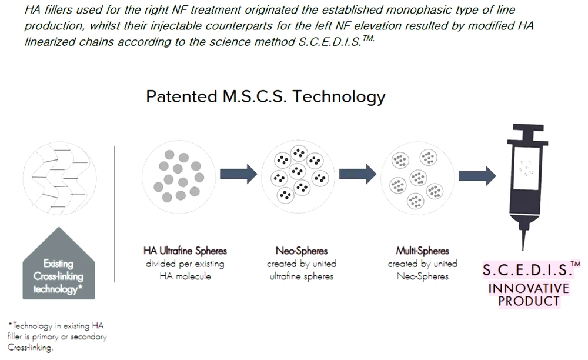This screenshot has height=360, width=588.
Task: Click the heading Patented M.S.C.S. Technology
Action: (266, 96)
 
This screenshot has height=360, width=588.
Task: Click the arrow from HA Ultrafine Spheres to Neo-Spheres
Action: (239, 174)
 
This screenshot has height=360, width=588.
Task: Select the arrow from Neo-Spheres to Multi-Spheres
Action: (358, 174)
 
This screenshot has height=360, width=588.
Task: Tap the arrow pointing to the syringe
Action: (477, 175)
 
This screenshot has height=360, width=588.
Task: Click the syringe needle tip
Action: (523, 249)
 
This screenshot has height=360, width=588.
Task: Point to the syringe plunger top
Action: (528, 128)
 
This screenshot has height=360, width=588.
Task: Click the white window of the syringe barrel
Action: (526, 168)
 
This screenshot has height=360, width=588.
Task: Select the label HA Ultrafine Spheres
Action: (185, 251)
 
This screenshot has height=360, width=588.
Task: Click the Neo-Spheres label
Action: (302, 251)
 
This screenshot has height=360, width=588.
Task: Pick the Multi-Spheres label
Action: (422, 251)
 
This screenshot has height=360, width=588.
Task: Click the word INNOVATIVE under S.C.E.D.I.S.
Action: (529, 288)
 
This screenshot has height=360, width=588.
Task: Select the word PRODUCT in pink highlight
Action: (529, 301)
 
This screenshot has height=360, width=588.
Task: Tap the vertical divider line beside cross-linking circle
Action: (115, 214)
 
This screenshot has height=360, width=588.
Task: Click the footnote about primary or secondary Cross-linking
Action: (57, 336)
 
